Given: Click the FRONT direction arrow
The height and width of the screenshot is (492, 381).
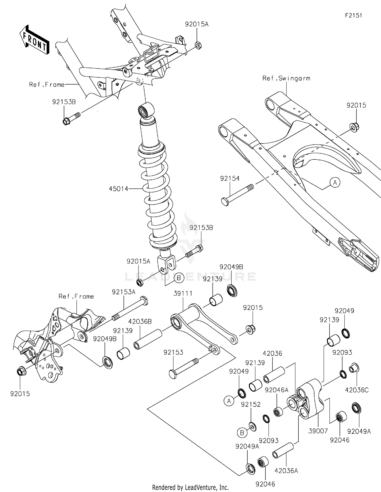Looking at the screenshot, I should pos(35,40).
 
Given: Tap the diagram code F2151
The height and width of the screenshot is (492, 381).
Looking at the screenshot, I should pos(353,15).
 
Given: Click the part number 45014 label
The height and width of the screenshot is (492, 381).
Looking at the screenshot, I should pos(118,189).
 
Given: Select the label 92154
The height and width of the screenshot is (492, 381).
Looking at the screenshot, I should pos(230,179).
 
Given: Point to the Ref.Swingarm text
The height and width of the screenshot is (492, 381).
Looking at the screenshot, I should pos(286,78).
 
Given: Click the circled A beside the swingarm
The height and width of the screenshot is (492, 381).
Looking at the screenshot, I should pos(335,182).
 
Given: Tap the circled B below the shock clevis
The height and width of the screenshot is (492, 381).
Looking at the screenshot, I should pos(179,278).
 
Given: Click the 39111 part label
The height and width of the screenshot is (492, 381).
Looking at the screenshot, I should pos(183,293).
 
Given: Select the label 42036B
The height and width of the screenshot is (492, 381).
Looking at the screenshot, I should pos(140,322).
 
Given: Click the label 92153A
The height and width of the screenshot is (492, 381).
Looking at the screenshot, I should pos(123,292).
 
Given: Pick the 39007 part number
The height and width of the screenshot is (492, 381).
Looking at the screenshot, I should pos(318,431).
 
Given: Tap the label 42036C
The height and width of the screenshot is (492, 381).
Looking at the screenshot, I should pos(357,390).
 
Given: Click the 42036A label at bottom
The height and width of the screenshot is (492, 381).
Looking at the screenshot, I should pos(286,471).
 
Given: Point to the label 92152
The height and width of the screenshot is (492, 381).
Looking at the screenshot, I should pos(251,404).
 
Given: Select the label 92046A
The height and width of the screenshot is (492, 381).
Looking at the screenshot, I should pos(277,390).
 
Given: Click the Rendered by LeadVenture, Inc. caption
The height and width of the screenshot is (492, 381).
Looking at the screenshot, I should pos(190,487).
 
